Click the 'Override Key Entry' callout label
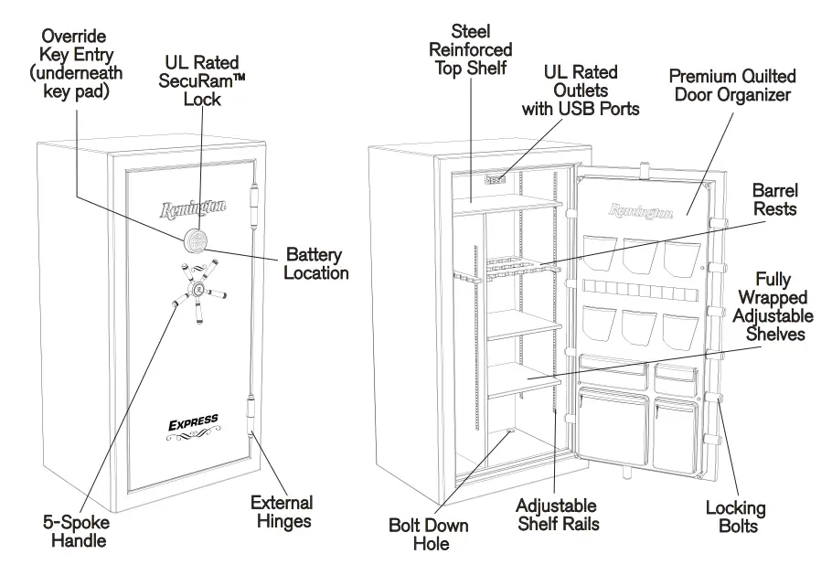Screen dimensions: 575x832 pos(74,63)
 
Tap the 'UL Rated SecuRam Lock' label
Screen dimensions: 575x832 pos(202,80)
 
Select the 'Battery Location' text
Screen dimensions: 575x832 pos(316,262)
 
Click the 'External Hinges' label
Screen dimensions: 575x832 pos(282,512)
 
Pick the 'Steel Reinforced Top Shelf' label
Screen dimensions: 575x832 pos(471,49)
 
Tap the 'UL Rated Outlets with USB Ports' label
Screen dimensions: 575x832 pos(580,90)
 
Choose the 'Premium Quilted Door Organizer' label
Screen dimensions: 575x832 pos(732,85)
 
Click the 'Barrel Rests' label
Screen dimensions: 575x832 pos(774,199)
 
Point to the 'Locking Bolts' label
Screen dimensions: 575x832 pos(735,516)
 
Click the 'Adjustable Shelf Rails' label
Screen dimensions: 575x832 pos(556,515)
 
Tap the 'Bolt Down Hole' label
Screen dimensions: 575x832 pos(428,534)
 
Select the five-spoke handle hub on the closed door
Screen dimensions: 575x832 pos(197,291)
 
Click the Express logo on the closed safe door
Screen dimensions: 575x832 pos(193,422)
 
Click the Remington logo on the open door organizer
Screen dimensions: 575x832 pos(641,211)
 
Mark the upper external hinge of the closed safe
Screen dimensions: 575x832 pos(253,202)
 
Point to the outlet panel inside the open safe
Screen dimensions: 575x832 pos(494,181)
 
